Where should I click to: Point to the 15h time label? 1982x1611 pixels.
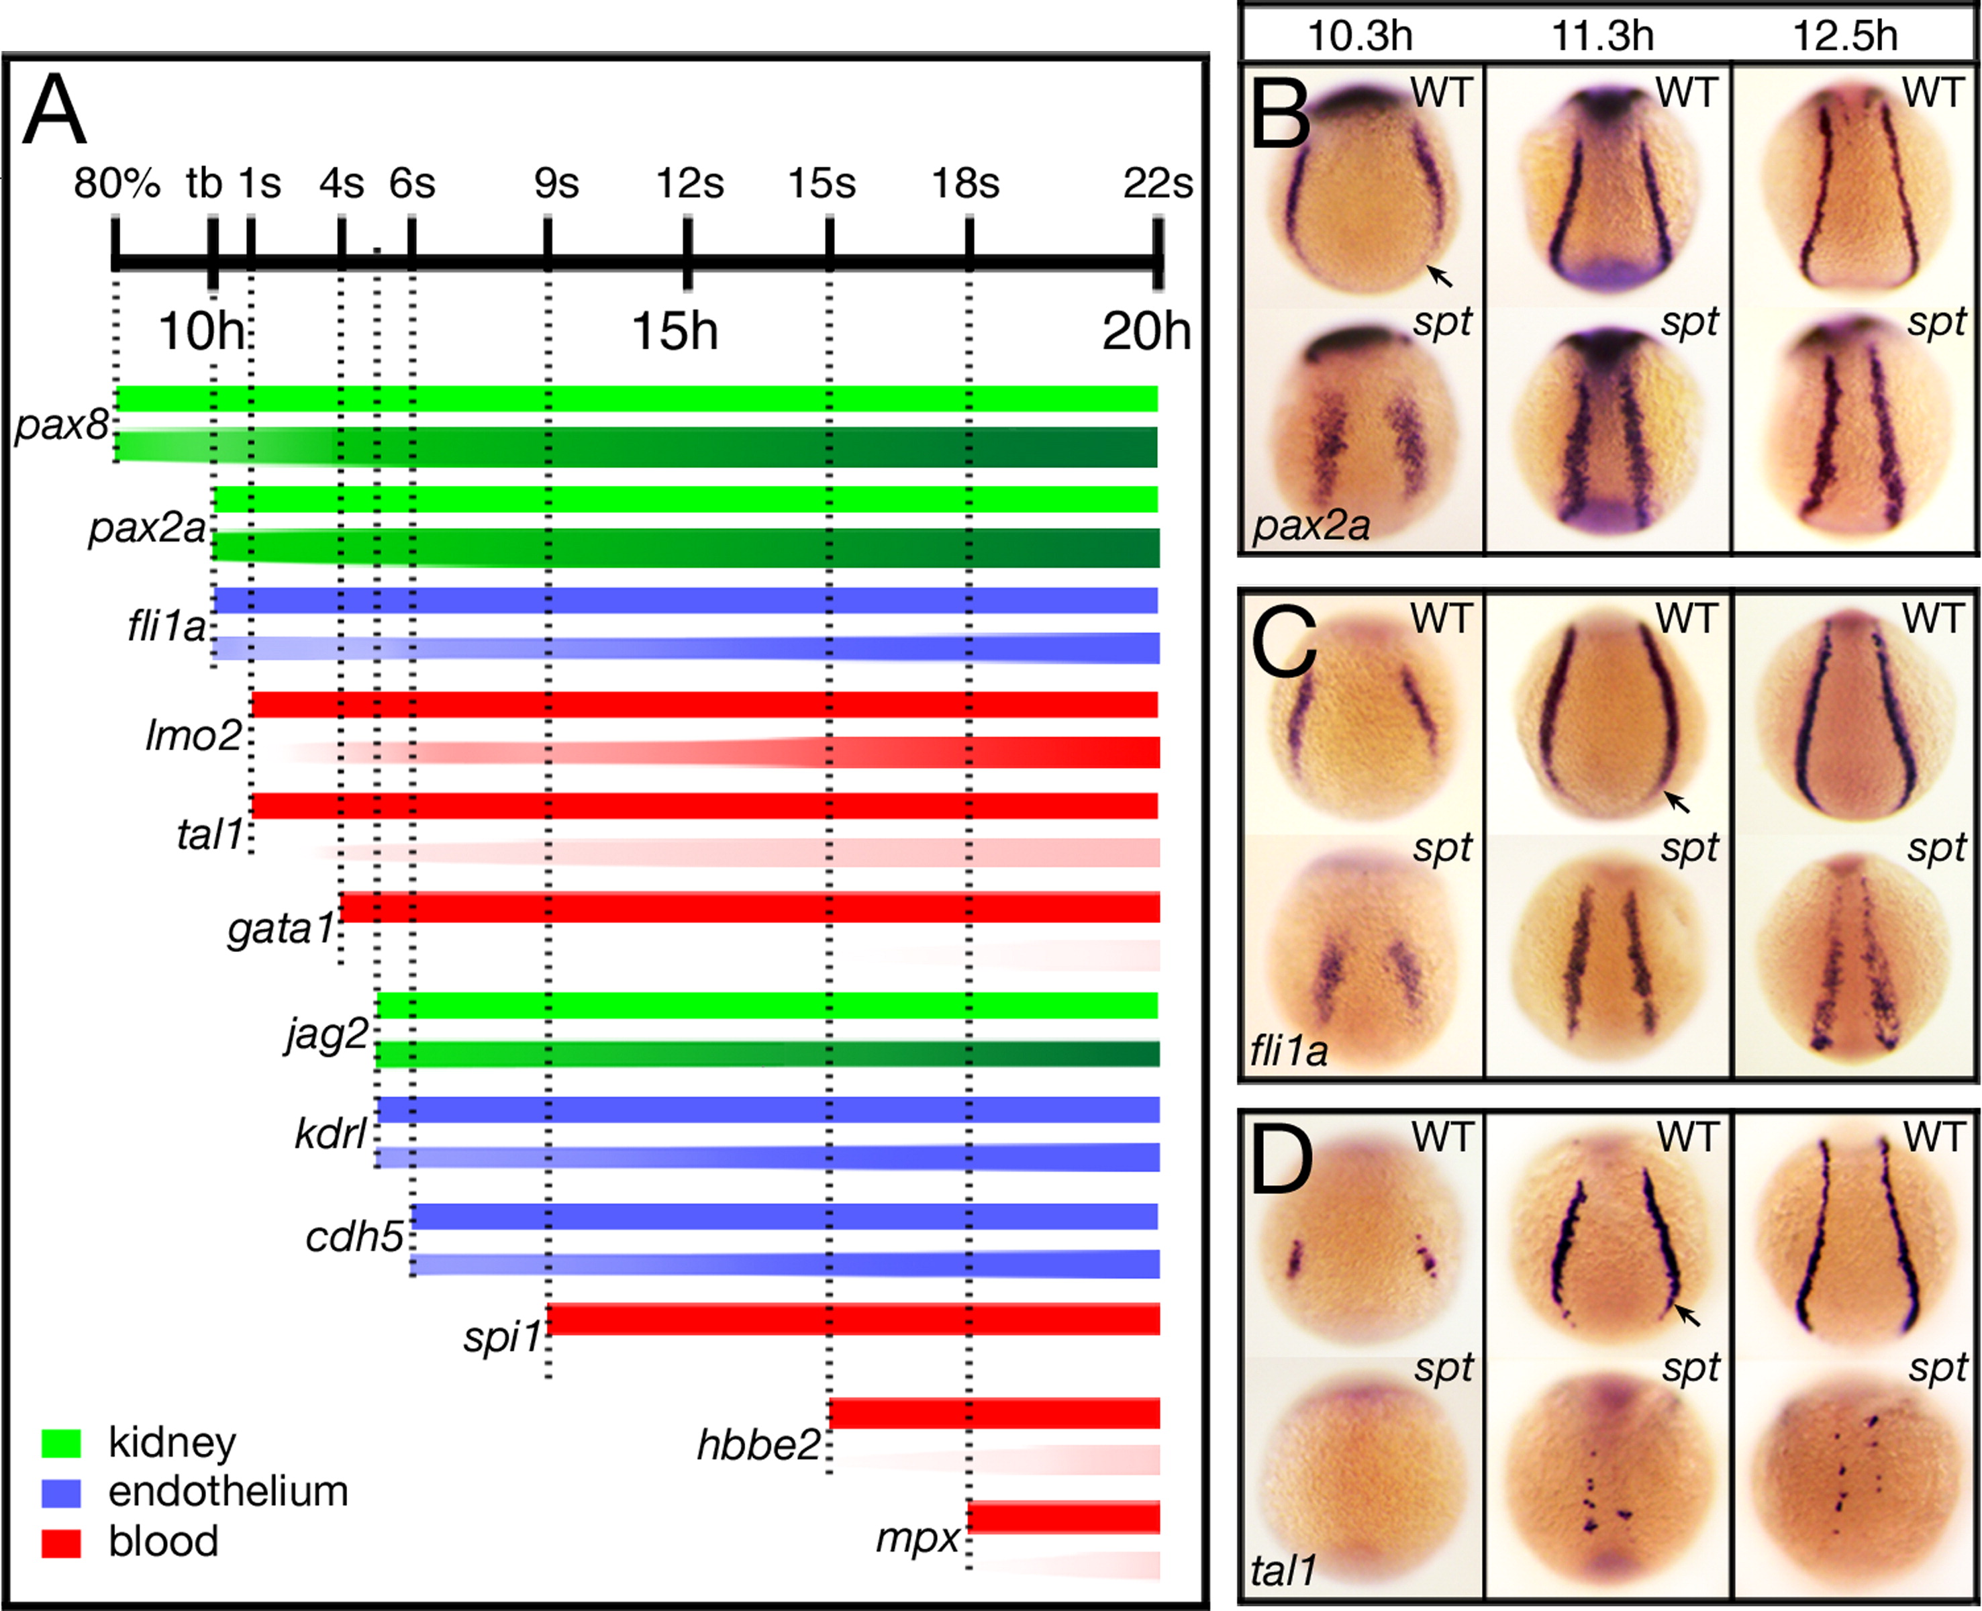(x=675, y=330)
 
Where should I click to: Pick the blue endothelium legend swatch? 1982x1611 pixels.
(x=61, y=1492)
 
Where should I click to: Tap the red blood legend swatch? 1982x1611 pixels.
(x=61, y=1543)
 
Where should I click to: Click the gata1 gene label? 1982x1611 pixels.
(x=281, y=928)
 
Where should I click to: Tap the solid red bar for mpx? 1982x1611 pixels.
(x=1063, y=1517)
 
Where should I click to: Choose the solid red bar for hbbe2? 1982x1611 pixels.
(x=994, y=1414)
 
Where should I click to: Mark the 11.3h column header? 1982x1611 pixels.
(x=1603, y=36)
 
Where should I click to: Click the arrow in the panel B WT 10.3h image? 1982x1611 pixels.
(x=1439, y=275)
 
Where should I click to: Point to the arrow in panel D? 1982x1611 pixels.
(x=1687, y=1314)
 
